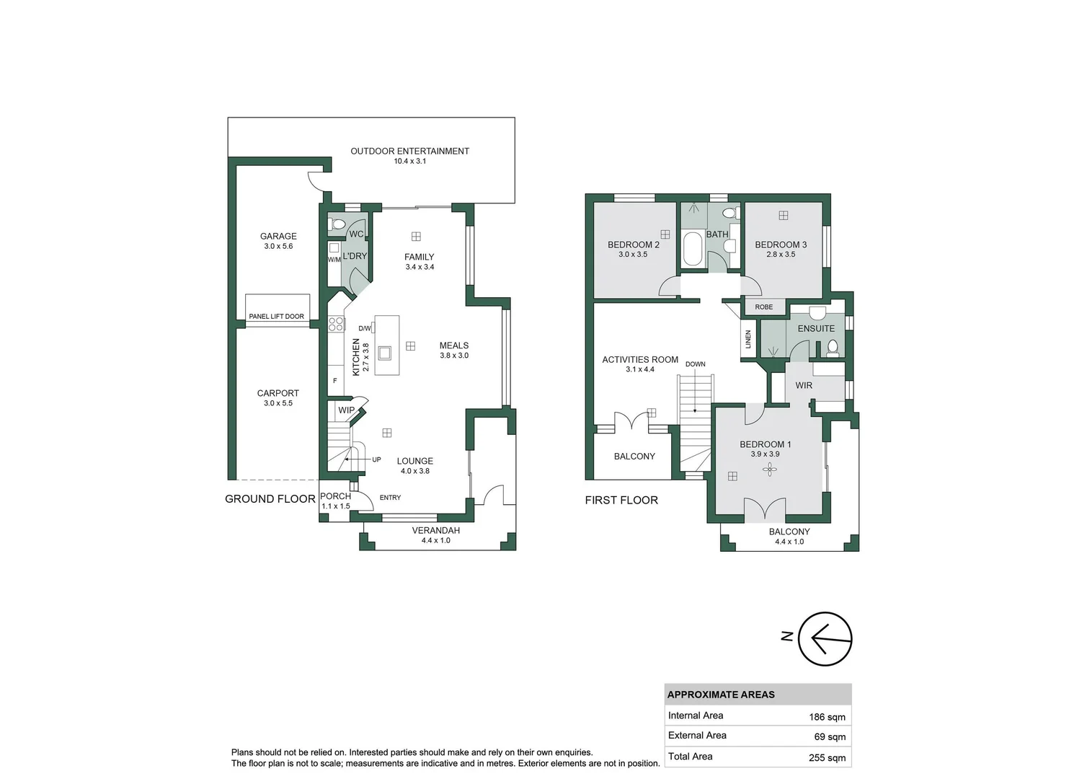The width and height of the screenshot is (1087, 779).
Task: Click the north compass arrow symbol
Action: [x=825, y=639]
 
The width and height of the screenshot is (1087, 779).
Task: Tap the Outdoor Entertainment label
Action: [x=409, y=151]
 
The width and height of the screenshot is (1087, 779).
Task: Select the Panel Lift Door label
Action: [x=277, y=317]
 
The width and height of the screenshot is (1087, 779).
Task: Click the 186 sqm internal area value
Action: [x=827, y=717]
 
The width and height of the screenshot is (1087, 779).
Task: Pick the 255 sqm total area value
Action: [x=827, y=757]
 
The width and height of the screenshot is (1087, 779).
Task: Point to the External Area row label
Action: [x=697, y=736]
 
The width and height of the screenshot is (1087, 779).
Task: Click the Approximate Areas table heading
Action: [x=721, y=695]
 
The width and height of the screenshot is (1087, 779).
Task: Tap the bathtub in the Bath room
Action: [x=693, y=249]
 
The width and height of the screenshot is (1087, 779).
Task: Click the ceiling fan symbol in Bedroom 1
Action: [x=770, y=470]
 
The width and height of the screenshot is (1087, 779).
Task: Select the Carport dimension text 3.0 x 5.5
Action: [x=278, y=403]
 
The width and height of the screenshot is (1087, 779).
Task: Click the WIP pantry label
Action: [x=346, y=410]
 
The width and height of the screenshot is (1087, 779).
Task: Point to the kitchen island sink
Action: [x=385, y=353]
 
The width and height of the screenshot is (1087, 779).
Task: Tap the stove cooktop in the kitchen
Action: [x=336, y=324]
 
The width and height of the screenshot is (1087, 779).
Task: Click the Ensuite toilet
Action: [x=833, y=348]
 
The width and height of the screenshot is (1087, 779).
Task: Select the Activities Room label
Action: [x=640, y=359]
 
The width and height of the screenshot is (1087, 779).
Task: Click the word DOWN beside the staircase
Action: [x=696, y=364]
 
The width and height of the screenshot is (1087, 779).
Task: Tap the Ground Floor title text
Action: [x=270, y=499]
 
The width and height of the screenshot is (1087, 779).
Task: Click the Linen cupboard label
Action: [x=748, y=340]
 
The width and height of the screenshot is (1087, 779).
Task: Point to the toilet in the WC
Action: [x=337, y=224]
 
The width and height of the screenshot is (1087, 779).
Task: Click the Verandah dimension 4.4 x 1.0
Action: [x=436, y=540]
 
